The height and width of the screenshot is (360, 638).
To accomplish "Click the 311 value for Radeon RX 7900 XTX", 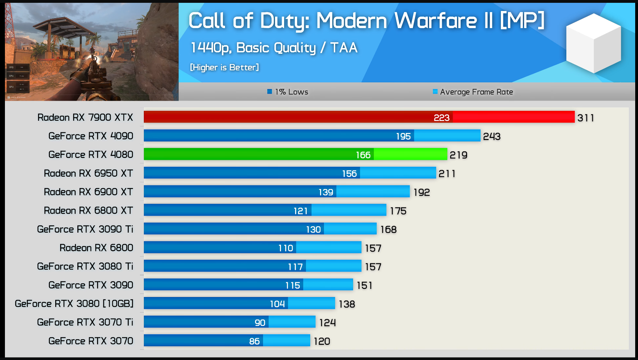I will pos(586,118).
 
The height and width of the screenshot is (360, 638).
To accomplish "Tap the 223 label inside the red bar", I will pos(441,118).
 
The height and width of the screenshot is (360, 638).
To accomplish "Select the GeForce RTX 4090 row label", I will pos(91,136).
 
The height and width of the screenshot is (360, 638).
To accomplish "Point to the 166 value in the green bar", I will pos(363,155).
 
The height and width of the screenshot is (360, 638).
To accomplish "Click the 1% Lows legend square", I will pos(269,92).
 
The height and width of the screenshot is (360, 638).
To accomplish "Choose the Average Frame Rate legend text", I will pos(476,92).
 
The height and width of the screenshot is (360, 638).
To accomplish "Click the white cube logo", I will pos(593,43).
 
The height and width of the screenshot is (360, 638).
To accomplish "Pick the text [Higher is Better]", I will pos(224,67).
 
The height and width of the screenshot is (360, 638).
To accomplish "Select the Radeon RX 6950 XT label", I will pos(88,173).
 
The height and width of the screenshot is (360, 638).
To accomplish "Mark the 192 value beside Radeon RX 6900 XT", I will pos(421,192).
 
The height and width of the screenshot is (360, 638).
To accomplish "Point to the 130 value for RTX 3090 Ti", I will pos(313,229).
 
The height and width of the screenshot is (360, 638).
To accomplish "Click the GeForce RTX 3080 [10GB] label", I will pos(74,303).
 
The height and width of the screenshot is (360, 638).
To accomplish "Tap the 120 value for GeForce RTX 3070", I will pos(322,341).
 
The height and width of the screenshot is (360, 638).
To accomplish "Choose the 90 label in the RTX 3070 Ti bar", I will pos(260,323).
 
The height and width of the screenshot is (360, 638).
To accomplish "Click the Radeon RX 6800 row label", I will pos(96,248).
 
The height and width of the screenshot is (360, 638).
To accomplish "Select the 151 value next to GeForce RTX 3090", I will pos(364,285).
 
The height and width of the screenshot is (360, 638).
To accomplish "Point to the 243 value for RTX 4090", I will pos(491,137).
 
